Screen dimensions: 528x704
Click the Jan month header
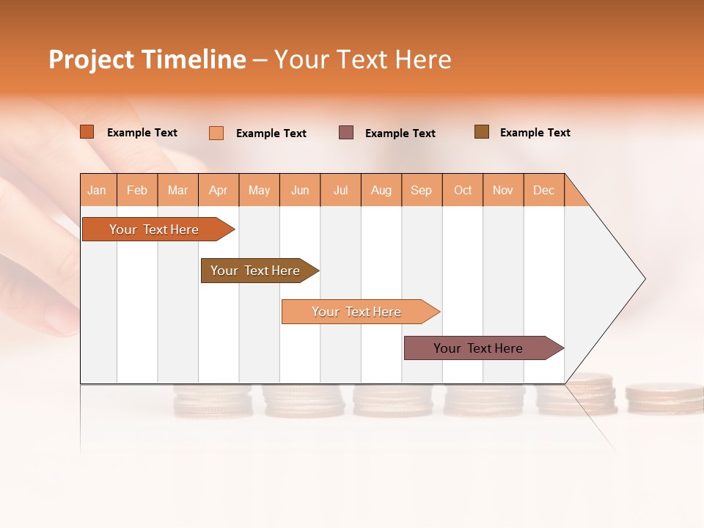pyautogui.click(x=98, y=190)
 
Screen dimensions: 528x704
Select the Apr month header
pyautogui.click(x=219, y=190)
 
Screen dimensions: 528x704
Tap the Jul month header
pyautogui.click(x=341, y=190)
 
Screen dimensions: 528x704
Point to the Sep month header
pyautogui.click(x=421, y=190)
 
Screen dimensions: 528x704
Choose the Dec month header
pyautogui.click(x=543, y=190)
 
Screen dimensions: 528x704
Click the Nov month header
pyautogui.click(x=503, y=190)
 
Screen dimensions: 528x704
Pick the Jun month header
pyautogui.click(x=300, y=190)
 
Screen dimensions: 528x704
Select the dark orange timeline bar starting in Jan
pyautogui.click(x=154, y=230)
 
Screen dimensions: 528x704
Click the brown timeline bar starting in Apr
pyautogui.click(x=255, y=271)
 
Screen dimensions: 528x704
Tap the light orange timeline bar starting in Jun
pyautogui.click(x=356, y=312)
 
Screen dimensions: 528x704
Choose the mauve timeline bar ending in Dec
pyautogui.click(x=478, y=348)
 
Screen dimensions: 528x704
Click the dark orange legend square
pyautogui.click(x=87, y=132)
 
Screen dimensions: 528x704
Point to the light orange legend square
pyautogui.click(x=216, y=133)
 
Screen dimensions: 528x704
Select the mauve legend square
pyautogui.click(x=346, y=133)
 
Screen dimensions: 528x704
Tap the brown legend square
pyautogui.click(x=482, y=132)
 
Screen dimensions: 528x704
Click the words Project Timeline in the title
pyautogui.click(x=147, y=59)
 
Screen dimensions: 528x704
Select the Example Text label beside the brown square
pyautogui.click(x=535, y=133)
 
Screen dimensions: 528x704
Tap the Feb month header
pyautogui.click(x=137, y=190)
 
